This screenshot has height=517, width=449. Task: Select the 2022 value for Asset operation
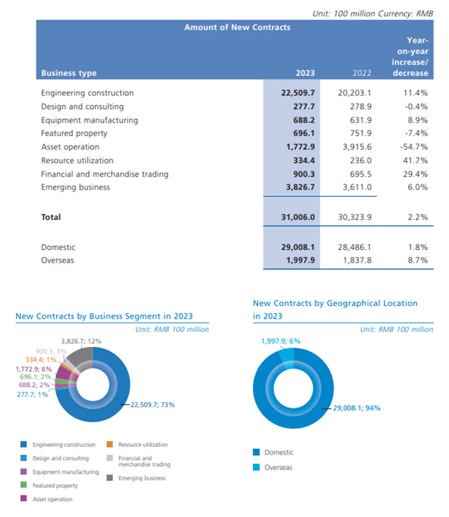(356, 147)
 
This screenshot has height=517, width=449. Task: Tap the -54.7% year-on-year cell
(415, 147)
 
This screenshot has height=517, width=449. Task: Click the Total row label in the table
(51, 217)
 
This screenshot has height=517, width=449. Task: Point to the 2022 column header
(361, 73)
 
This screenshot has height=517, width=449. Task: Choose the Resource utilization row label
(78, 160)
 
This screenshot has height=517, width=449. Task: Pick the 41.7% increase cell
(415, 160)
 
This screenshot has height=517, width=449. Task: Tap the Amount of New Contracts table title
(237, 28)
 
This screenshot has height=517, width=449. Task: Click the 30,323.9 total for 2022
(354, 217)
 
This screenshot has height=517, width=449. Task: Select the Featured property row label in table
(75, 134)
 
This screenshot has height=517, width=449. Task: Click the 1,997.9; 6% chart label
(280, 341)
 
